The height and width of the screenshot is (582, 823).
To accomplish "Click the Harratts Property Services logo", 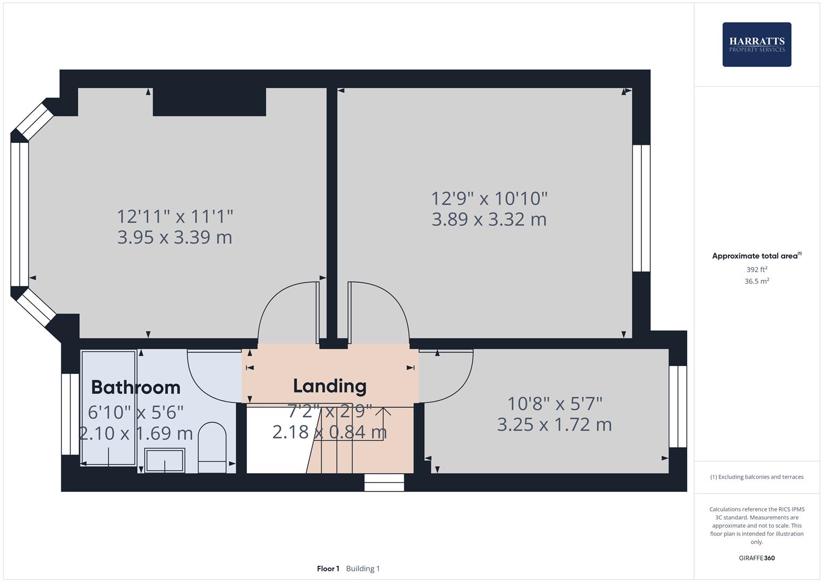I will point(756,44).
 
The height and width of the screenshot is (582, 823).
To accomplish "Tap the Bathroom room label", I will point(135,387).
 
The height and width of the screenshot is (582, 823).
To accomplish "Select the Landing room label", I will point(329,386).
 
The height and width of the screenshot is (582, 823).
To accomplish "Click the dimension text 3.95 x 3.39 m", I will point(175,237).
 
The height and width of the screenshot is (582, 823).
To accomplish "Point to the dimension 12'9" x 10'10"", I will point(489,198).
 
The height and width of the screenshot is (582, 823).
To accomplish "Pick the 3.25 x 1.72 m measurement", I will point(554,425).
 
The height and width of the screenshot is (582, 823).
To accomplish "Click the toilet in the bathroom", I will point(212,447).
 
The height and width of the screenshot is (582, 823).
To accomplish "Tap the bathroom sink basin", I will point(164,460).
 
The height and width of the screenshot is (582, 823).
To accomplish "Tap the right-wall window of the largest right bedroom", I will point(641,208).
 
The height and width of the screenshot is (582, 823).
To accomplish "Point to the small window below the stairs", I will point(384,482).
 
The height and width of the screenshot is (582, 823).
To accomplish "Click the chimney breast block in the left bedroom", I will point(209,102).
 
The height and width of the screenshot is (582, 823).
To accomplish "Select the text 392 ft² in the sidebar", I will point(756,269).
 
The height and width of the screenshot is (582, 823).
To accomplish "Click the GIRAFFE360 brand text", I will point(756,558).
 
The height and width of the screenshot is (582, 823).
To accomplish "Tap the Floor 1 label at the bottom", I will point(328,569).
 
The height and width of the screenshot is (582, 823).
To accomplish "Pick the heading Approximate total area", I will point(755,256).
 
